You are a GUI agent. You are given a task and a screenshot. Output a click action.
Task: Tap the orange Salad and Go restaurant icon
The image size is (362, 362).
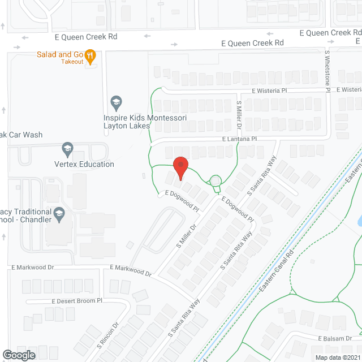click(x=90, y=55)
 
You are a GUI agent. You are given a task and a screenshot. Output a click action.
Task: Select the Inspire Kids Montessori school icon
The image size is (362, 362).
click(x=117, y=102)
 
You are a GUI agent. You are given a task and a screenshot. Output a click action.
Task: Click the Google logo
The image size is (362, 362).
click(x=18, y=355)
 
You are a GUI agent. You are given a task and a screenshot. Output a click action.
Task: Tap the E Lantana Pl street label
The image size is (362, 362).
click(x=239, y=139)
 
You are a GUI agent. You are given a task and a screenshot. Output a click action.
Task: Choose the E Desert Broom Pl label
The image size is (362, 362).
click(x=76, y=301)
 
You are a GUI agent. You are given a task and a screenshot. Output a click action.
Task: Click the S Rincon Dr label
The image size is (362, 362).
click(x=109, y=335)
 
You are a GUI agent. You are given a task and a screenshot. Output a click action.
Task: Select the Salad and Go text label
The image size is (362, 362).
click(x=60, y=54)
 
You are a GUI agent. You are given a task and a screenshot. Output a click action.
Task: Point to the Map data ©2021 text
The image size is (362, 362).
click(x=337, y=357)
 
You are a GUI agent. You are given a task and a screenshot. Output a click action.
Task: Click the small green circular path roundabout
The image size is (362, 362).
click(x=216, y=181)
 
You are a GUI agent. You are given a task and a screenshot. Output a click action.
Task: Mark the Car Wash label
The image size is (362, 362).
click(x=21, y=135)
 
